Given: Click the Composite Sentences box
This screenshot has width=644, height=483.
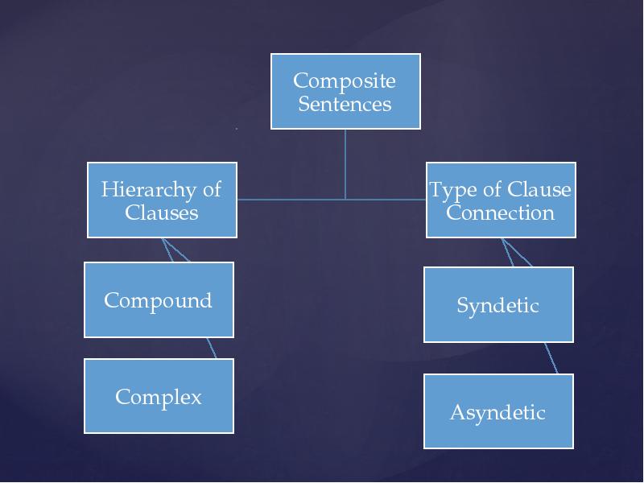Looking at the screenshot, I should [x=345, y=91].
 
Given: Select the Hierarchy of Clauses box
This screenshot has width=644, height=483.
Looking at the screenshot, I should [x=162, y=200].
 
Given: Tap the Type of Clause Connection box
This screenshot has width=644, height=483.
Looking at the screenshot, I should [x=501, y=200].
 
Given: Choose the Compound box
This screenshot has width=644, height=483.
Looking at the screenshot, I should [x=159, y=299].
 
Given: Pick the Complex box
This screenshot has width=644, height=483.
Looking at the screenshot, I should [x=159, y=396].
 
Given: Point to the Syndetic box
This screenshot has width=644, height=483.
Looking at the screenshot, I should [x=498, y=305].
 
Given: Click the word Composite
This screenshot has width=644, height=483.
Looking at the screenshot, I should [x=345, y=80].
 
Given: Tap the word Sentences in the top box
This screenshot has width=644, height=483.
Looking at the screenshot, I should [x=345, y=104].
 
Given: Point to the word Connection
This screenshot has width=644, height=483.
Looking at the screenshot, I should [x=501, y=213].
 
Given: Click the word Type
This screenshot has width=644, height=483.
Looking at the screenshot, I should [x=448, y=190].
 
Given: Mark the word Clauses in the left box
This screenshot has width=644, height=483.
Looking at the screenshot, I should [x=162, y=213].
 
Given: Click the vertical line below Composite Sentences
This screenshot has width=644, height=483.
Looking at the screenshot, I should [x=345, y=161].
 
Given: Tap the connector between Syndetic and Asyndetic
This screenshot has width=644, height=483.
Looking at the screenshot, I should [x=551, y=357].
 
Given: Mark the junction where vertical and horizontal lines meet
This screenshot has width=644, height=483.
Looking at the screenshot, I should [x=345, y=199].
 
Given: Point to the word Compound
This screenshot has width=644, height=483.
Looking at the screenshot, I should [x=159, y=300].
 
